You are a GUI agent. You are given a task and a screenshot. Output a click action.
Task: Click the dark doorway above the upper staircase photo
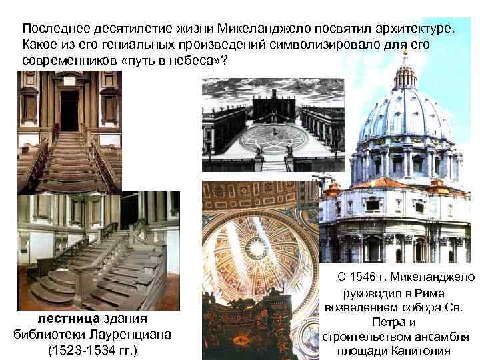pyautogui.click(x=69, y=109)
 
